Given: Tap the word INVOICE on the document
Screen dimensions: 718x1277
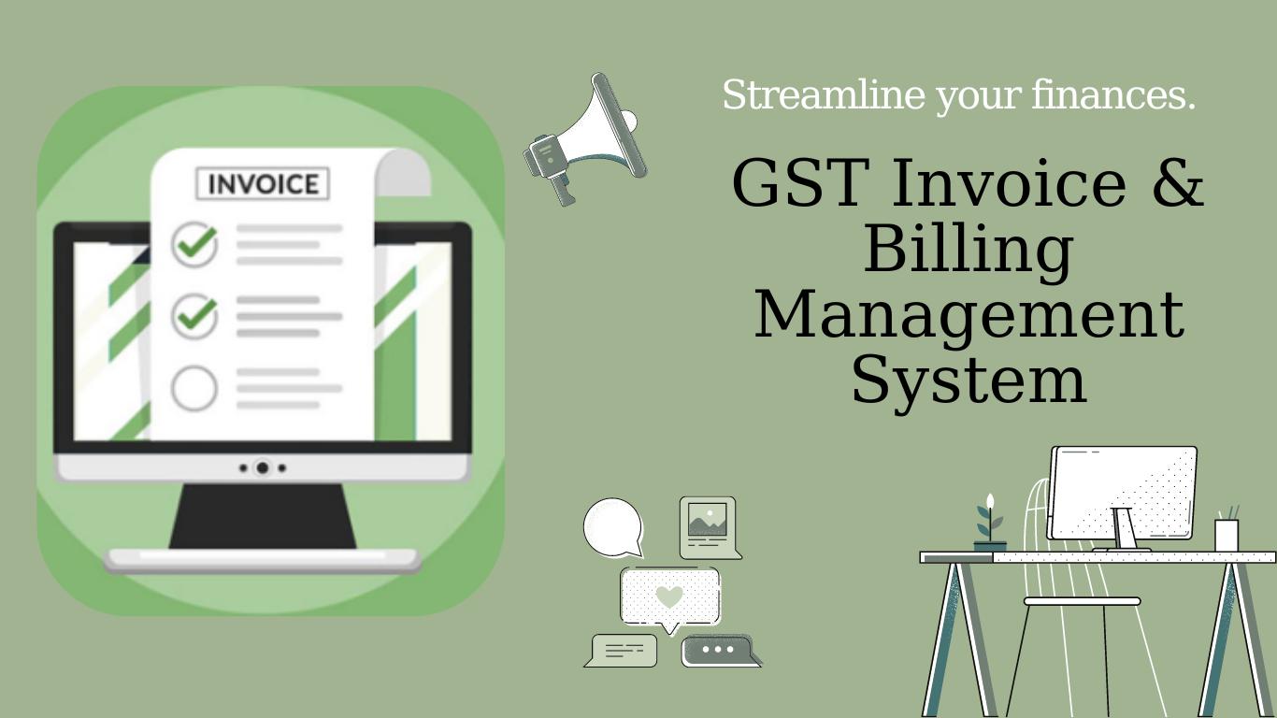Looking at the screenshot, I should point(263,184).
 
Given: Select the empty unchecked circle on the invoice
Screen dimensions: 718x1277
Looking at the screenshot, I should point(194,388).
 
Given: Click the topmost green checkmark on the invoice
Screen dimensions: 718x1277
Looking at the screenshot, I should point(195,244).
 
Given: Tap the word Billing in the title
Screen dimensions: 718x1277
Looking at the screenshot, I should point(968,250).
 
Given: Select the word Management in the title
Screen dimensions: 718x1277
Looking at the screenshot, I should point(969,315).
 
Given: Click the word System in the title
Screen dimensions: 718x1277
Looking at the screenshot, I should point(969,381).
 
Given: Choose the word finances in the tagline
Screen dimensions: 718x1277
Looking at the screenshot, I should point(1112,95).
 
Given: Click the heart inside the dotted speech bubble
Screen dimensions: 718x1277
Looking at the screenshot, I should point(669,596).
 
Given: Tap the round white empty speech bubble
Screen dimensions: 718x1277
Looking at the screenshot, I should point(613,527).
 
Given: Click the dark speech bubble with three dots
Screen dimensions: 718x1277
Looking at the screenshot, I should point(718,650).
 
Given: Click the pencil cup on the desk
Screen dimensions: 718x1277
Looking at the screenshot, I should point(1227,534).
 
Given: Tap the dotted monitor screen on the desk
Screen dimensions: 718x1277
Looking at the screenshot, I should point(1123,492).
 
